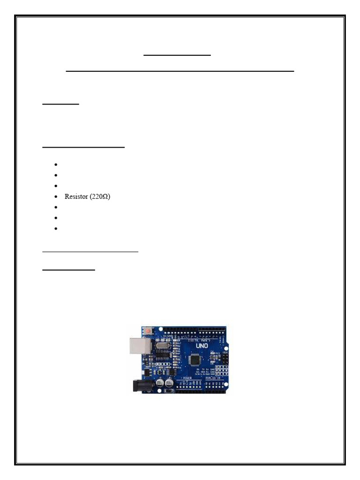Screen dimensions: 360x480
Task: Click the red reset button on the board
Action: pos(149,331)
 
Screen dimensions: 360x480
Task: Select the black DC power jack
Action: pos(141,386)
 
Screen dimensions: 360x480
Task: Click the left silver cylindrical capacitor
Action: pos(160,383)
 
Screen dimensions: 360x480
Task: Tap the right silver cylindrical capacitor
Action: pos(170,383)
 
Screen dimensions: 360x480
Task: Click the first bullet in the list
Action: pos(55,165)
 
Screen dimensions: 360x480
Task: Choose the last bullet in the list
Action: pos(55,229)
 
